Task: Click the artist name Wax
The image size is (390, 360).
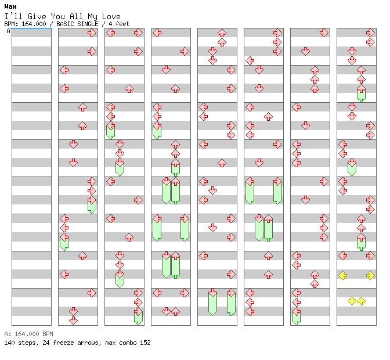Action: pyautogui.click(x=10, y=6)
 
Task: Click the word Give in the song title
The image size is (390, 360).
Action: pyautogui.click(x=37, y=16)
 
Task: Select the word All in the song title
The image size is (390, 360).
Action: pyautogui.click(x=77, y=16)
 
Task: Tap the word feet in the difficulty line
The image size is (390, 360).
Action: pyautogui.click(x=122, y=24)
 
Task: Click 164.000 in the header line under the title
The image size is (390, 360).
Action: pyautogui.click(x=34, y=24)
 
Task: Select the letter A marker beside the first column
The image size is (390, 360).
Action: pyautogui.click(x=8, y=31)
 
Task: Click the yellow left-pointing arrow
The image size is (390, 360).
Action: pyautogui.click(x=343, y=275)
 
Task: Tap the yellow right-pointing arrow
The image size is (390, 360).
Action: pyautogui.click(x=370, y=275)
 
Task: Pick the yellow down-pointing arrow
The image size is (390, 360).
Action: pyautogui.click(x=352, y=301)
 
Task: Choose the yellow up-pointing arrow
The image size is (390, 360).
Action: pyautogui.click(x=361, y=301)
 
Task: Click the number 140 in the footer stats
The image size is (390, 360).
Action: pyautogui.click(x=9, y=343)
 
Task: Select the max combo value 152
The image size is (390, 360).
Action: pyautogui.click(x=145, y=343)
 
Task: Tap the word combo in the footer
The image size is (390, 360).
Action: pyautogui.click(x=128, y=343)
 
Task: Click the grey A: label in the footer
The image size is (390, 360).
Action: pyautogui.click(x=8, y=334)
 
